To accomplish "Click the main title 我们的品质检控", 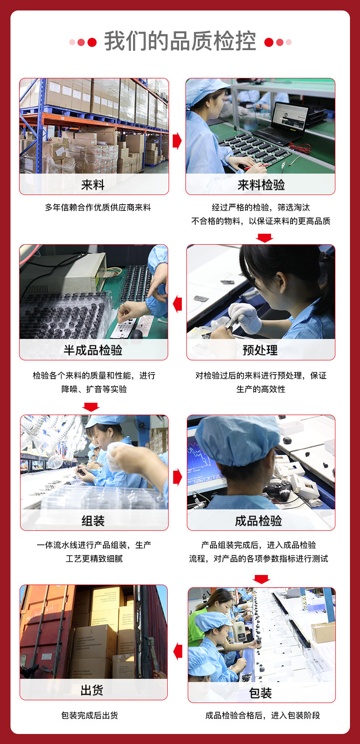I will (180, 41).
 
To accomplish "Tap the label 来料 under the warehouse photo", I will (93, 185).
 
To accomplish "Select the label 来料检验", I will (261, 185).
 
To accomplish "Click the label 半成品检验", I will (93, 350).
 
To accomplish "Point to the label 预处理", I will (260, 350).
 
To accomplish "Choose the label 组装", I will (93, 521).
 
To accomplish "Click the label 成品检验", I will (258, 521).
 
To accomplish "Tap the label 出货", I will (92, 690).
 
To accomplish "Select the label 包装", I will (261, 693).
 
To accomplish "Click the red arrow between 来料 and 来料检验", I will (177, 141).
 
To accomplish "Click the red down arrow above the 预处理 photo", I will (264, 238).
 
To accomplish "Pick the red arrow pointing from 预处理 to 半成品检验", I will (177, 304).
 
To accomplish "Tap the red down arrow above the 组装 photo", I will (91, 407).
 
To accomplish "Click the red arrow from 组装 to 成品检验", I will (177, 477).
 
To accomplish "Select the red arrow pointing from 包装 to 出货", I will (178, 652).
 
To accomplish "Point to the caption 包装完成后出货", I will (90, 715).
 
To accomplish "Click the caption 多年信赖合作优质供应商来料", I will (98, 207).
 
